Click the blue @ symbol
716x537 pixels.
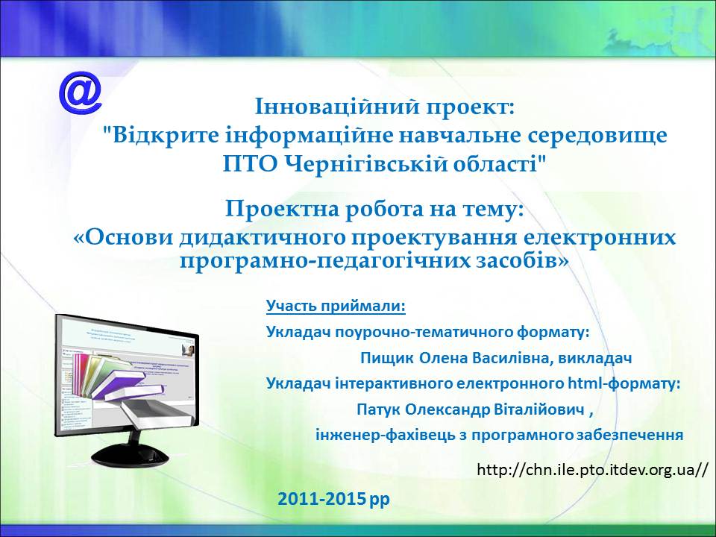(81, 94)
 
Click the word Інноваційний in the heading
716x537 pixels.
(337, 107)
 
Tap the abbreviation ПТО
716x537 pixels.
(251, 164)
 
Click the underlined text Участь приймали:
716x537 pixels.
(336, 306)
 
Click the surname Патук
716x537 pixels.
(379, 409)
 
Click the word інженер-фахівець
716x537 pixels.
(386, 435)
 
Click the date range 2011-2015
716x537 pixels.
(321, 499)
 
